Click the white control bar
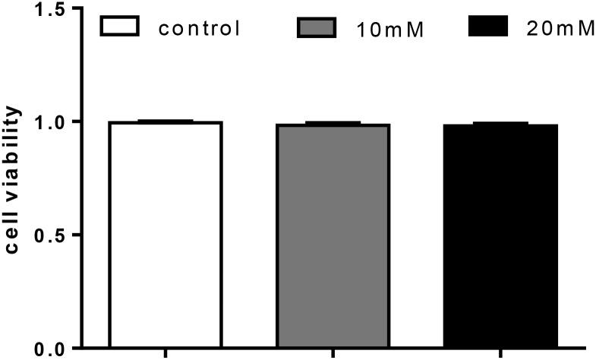(x=166, y=235)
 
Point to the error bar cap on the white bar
(x=166, y=121)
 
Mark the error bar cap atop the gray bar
(x=333, y=122)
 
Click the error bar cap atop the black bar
(x=500, y=122)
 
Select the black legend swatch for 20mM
(x=487, y=27)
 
